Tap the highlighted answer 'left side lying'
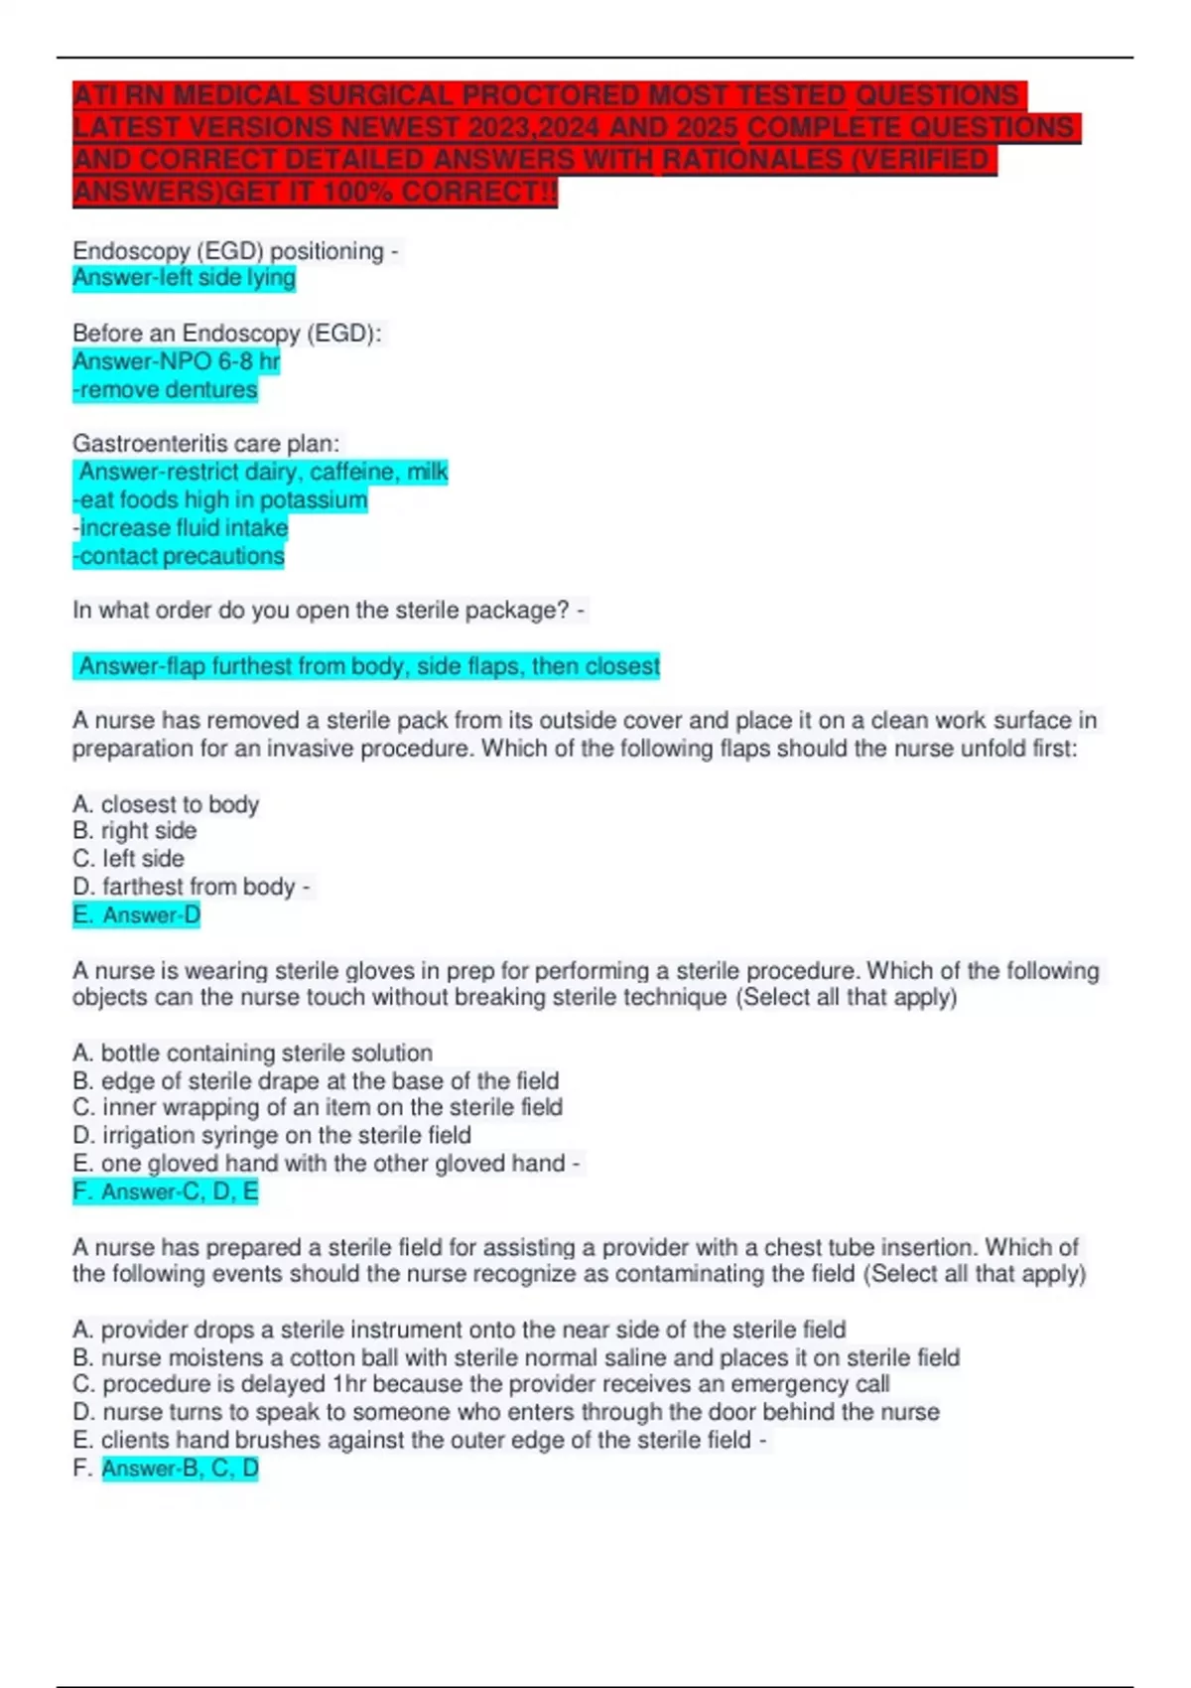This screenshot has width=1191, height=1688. [x=185, y=278]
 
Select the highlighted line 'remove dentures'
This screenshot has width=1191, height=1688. [x=166, y=390]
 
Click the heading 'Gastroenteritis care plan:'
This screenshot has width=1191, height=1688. [x=205, y=444]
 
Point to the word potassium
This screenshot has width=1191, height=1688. [x=313, y=500]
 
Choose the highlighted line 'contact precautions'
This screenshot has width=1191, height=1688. [x=180, y=556]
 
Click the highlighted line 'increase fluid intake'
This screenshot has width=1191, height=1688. [x=182, y=528]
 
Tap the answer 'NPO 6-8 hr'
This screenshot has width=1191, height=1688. [x=177, y=361]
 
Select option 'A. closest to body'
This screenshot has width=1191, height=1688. [x=166, y=804]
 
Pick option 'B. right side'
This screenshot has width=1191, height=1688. [x=135, y=831]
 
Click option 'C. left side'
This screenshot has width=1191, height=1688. [x=129, y=859]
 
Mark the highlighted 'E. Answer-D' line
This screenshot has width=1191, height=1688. [x=137, y=914]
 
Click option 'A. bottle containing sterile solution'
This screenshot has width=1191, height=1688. [x=253, y=1053]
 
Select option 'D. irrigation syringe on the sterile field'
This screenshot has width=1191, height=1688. [x=272, y=1135]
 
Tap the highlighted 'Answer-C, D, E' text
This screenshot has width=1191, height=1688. [x=179, y=1192]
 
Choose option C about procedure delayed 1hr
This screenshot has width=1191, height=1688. [x=481, y=1384]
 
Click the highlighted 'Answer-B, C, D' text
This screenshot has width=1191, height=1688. [x=180, y=1468]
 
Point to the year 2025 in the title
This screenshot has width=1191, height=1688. [x=703, y=128]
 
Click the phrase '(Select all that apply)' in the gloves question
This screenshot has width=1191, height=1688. [x=847, y=997]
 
